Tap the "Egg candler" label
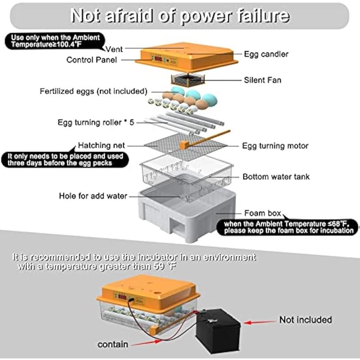[266, 54]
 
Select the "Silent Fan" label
[263, 80]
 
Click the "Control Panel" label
[91, 59]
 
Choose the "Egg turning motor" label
[275, 146]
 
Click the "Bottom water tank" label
[276, 177]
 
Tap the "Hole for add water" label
[93, 196]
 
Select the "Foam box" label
[262, 213]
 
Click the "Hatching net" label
[101, 146]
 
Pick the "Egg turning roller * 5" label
[96, 122]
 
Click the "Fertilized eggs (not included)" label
[93, 91]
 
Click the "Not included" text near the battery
[305, 320]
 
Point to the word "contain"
[113, 345]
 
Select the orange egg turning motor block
[184, 145]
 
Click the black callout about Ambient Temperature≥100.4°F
[53, 41]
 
